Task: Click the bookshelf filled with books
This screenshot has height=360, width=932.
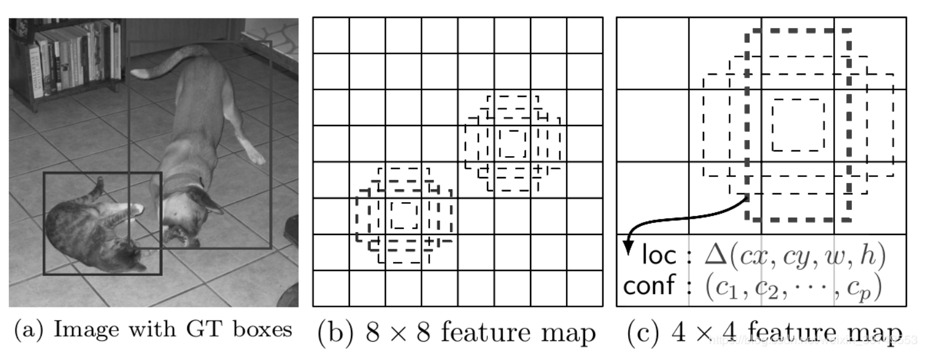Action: tap(66, 57)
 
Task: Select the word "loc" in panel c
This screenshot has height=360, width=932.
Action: tap(659, 256)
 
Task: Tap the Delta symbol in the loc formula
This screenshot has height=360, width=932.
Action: tap(718, 256)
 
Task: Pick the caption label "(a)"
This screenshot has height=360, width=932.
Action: tap(30, 330)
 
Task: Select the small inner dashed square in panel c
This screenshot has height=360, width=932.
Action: tap(798, 125)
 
